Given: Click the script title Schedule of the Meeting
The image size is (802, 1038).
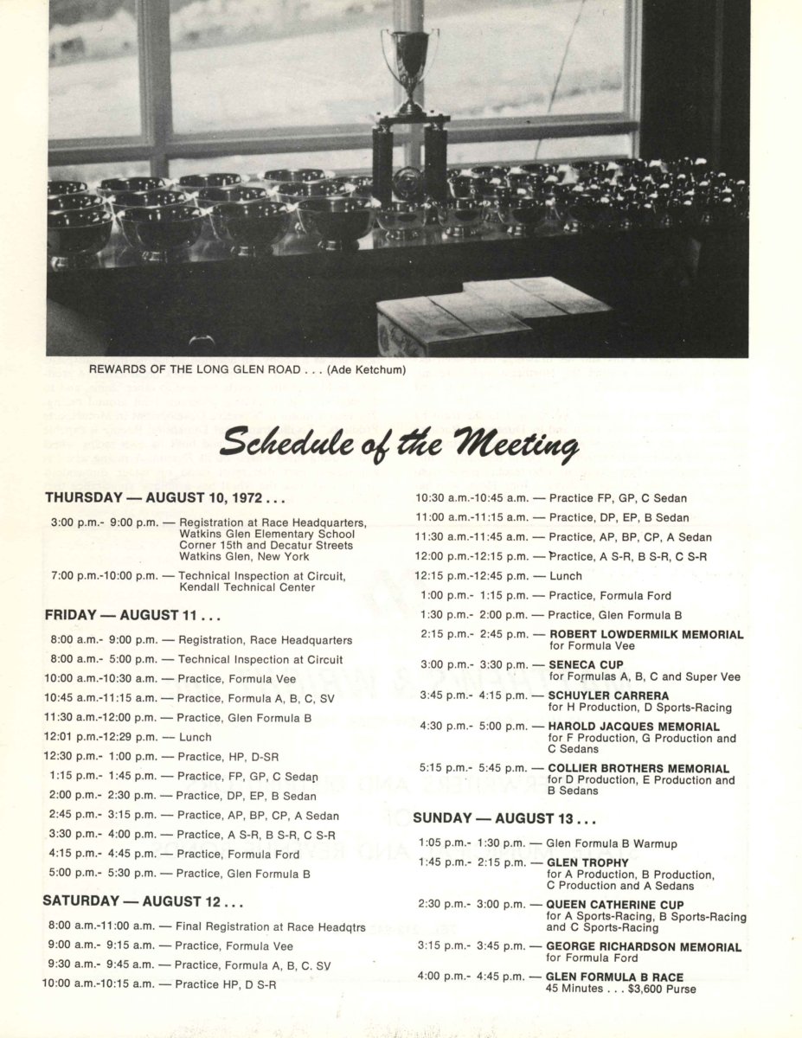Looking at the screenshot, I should [399, 446].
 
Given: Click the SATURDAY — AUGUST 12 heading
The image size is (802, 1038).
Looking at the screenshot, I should [143, 901].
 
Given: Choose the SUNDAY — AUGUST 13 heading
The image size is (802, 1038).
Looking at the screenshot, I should [504, 818].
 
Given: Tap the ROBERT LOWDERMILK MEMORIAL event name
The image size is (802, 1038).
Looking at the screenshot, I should [645, 634].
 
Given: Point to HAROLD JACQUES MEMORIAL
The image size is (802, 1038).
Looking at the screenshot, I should [633, 727].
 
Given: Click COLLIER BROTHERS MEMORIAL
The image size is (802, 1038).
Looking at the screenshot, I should [638, 768].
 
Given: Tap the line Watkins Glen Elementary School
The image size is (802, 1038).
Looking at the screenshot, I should [266, 534].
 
